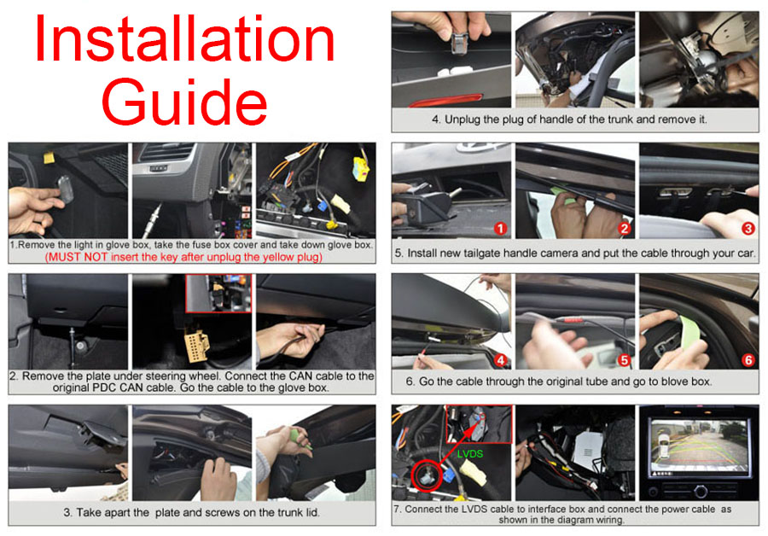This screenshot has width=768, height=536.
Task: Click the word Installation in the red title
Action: point(184,39)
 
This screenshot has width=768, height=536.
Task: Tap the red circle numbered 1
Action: point(500,229)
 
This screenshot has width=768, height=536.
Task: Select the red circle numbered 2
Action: point(624,229)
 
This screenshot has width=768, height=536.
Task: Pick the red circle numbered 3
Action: point(748,229)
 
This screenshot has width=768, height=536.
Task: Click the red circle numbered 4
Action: point(500,360)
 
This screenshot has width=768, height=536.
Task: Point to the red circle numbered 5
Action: point(624,360)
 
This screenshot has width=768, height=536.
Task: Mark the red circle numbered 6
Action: point(748,360)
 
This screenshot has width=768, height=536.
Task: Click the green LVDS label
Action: point(469,454)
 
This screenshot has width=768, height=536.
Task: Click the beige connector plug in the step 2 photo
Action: point(196,347)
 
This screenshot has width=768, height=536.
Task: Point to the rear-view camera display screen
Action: point(699,448)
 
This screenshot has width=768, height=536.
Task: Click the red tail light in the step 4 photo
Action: point(446,101)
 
